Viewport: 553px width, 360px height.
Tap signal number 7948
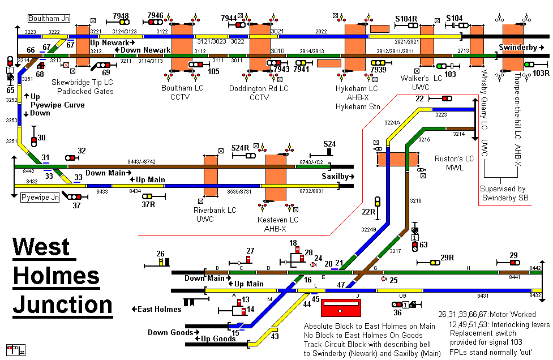[x=121, y=16]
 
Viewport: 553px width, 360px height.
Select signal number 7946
[x=155, y=16]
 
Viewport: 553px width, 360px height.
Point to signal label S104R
[x=406, y=19]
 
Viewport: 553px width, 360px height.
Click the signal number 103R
[x=541, y=74]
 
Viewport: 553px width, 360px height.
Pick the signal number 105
[x=213, y=71]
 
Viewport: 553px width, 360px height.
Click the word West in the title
[x=41, y=247]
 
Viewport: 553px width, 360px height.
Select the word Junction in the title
[x=63, y=304]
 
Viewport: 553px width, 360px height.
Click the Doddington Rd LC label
[x=259, y=89]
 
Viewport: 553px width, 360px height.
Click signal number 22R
[x=369, y=212]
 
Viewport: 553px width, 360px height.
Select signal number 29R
[x=448, y=258]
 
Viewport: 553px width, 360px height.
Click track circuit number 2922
[x=321, y=32]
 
